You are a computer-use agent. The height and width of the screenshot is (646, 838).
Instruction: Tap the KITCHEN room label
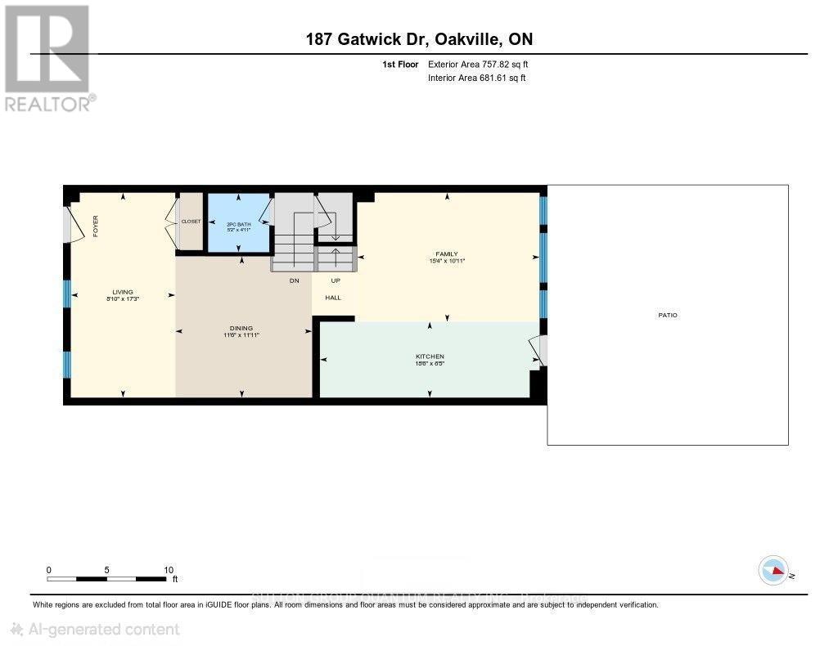click(430, 357)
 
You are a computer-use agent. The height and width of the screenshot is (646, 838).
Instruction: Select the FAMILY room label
click(447, 254)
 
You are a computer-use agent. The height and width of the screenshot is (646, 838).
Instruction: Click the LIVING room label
click(123, 292)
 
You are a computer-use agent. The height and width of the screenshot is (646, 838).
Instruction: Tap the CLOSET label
click(191, 222)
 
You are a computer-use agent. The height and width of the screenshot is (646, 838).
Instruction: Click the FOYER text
click(95, 225)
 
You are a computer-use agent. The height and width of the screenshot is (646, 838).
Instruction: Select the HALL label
click(333, 298)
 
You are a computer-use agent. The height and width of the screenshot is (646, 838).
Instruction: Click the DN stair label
click(294, 280)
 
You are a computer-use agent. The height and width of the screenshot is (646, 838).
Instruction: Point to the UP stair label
click(334, 280)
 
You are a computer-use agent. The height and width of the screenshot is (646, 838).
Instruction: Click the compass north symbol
click(773, 571)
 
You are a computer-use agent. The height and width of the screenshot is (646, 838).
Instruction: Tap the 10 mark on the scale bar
click(168, 570)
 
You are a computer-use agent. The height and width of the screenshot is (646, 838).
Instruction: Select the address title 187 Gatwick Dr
click(419, 39)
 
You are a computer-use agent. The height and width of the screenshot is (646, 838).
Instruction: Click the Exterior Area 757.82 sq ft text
click(483, 64)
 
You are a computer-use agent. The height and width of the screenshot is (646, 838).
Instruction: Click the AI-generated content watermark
click(94, 629)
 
